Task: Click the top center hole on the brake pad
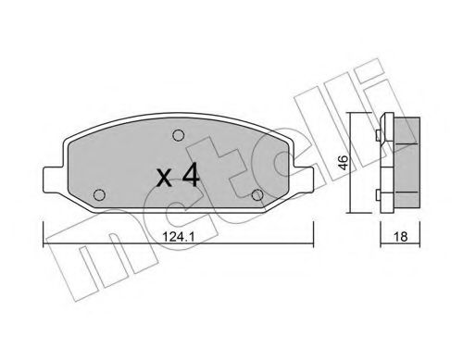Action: (x=177, y=135)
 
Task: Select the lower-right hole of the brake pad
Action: (x=257, y=193)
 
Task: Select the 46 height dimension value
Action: (x=342, y=161)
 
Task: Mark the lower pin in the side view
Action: (x=379, y=192)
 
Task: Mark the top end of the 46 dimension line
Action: (x=354, y=112)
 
